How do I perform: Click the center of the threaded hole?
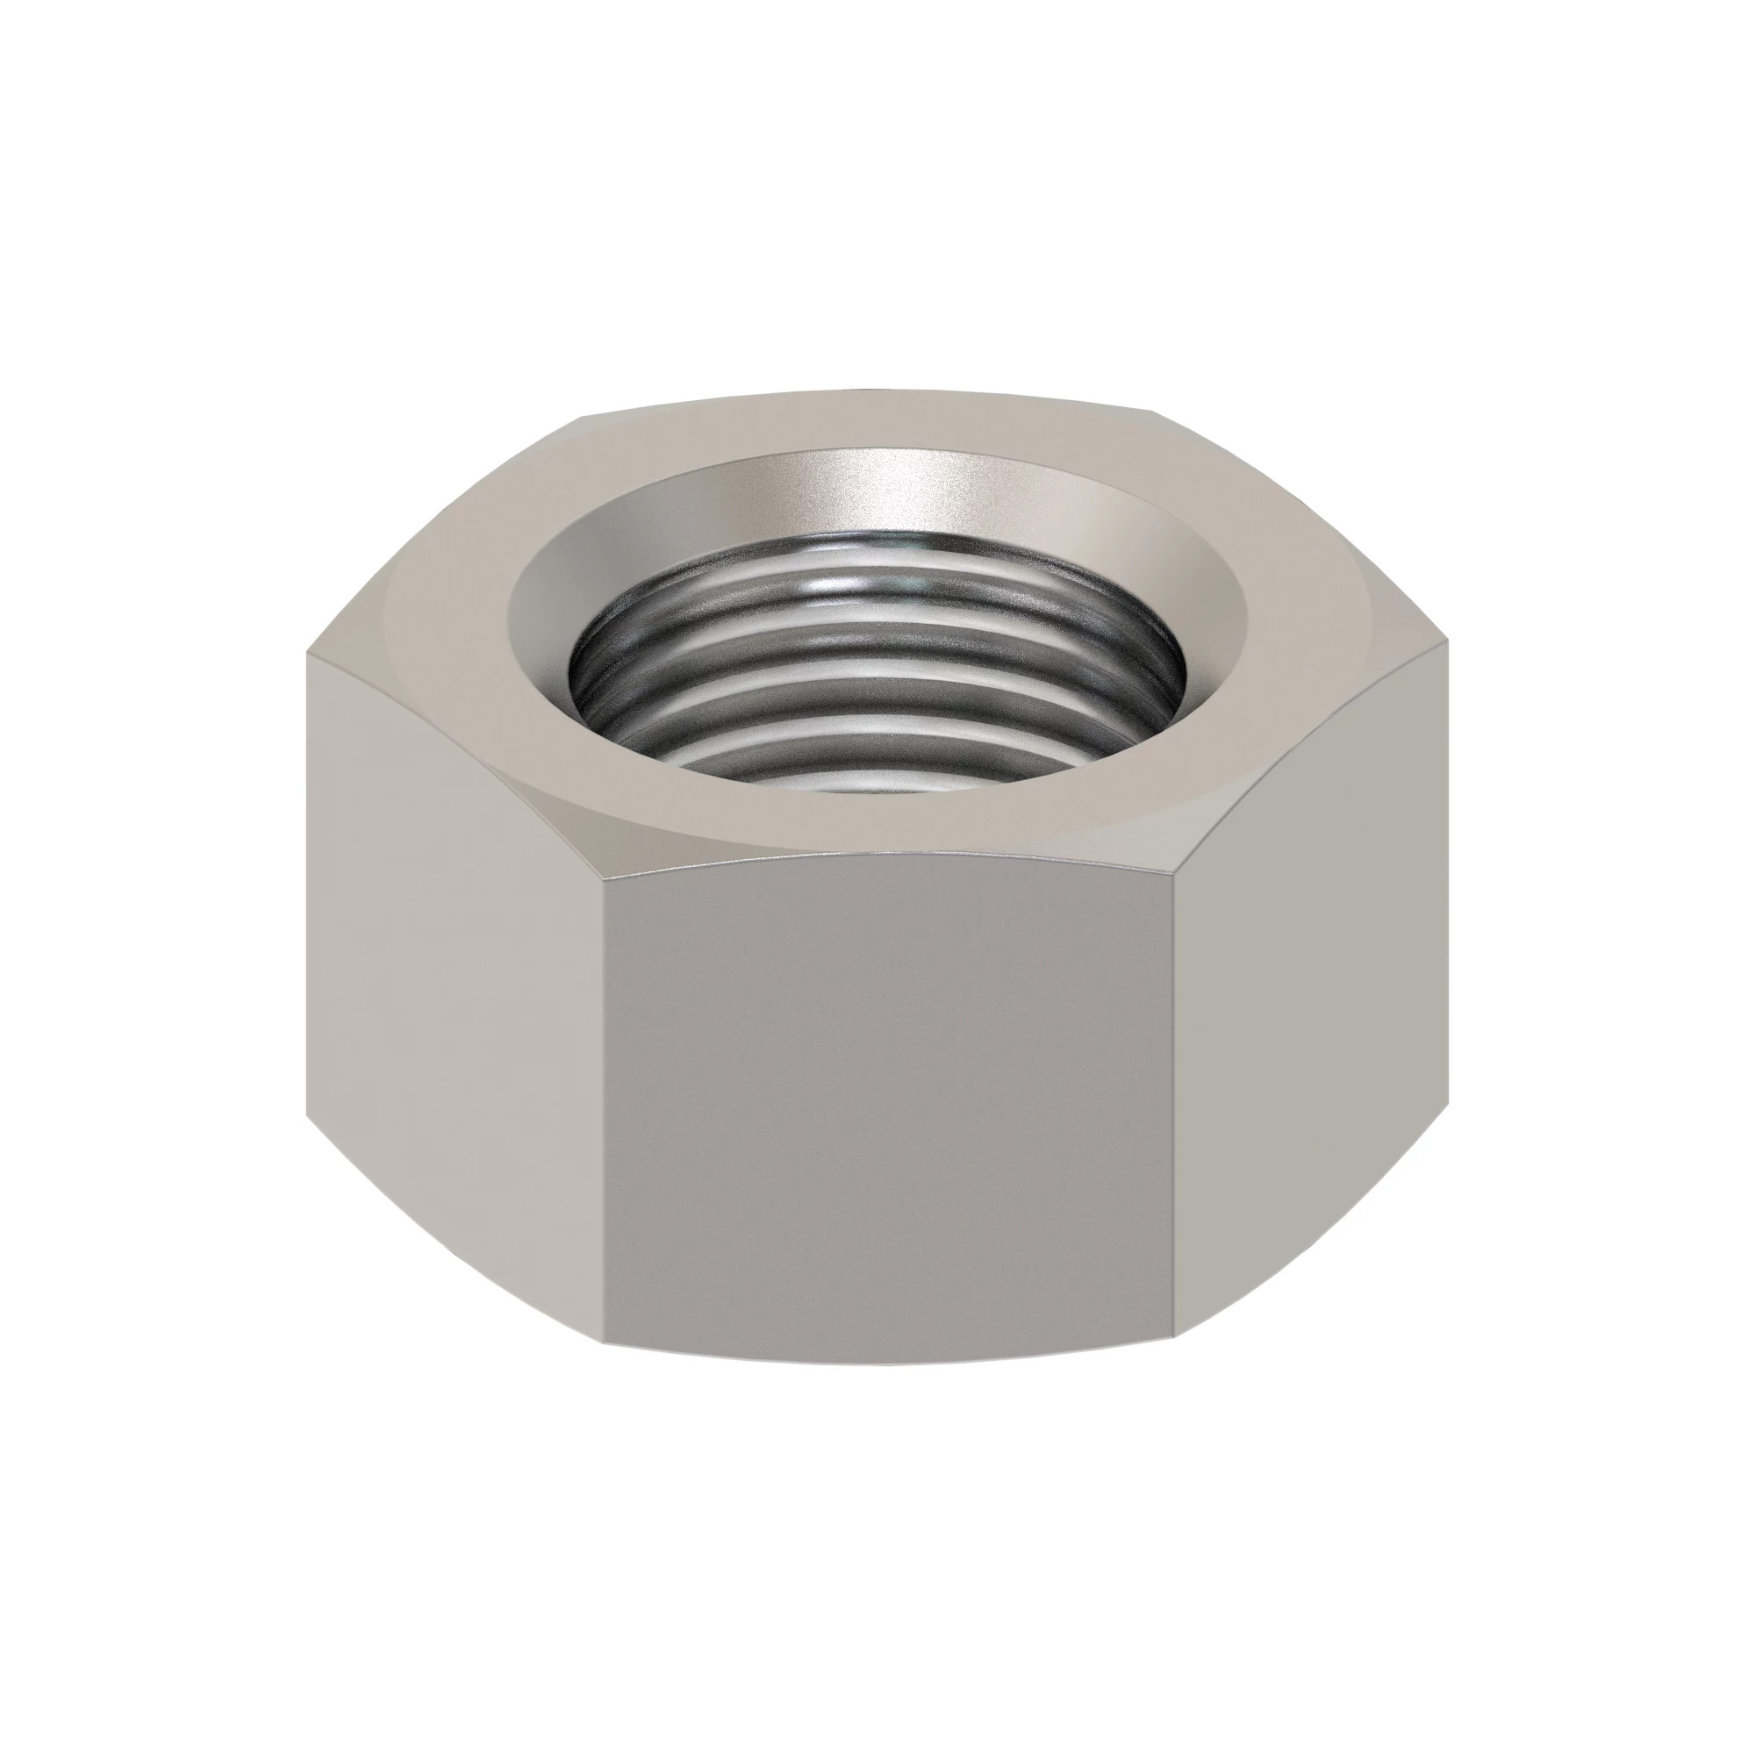pyautogui.click(x=877, y=672)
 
